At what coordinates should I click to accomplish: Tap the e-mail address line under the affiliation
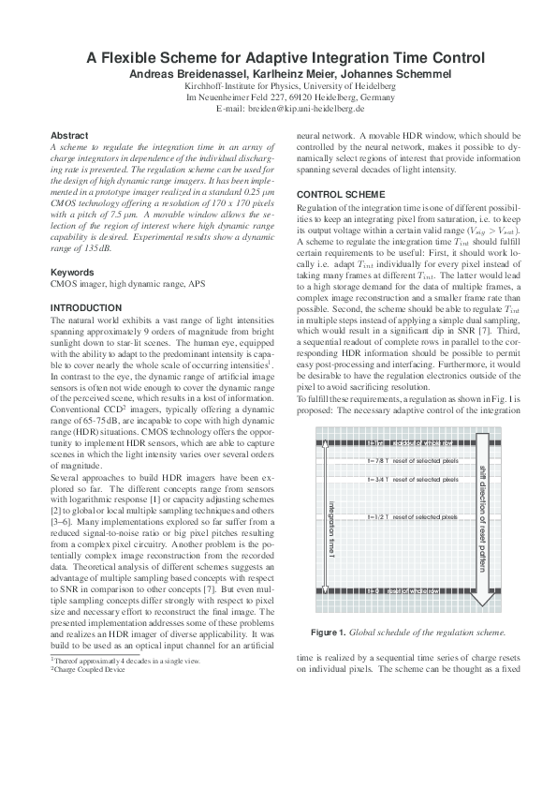pos(277,108)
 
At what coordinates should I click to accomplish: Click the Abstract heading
pos(68,136)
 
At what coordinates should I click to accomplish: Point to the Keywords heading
pos(71,272)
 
